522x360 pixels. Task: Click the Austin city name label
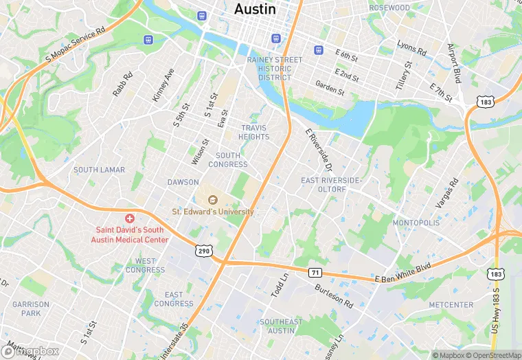(255, 10)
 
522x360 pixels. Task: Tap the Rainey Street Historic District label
(275, 69)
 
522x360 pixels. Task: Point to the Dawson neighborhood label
(183, 182)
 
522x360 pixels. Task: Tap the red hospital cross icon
(130, 218)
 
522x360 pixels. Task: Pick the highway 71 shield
(315, 273)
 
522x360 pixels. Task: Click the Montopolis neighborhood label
(416, 223)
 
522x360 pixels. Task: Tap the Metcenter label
(451, 304)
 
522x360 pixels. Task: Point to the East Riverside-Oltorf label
(331, 184)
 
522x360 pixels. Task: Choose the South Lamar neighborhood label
(99, 170)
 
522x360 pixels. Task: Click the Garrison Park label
(31, 308)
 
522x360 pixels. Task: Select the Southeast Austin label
(281, 326)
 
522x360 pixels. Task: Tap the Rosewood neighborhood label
(389, 8)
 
